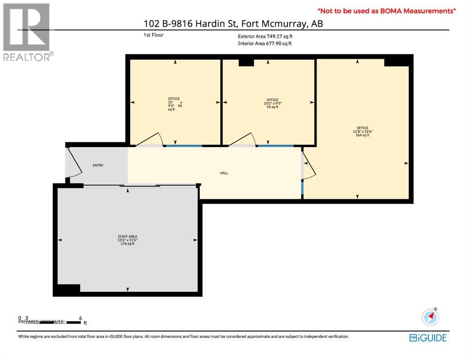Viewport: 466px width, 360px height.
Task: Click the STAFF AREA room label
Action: (127, 240)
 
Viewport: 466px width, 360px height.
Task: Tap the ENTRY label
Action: (98, 165)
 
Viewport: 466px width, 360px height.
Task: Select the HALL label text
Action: (224, 173)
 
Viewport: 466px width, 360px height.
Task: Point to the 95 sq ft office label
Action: (272, 103)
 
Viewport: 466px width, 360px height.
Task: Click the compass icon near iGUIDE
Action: (430, 317)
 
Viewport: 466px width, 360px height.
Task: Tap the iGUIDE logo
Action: (428, 337)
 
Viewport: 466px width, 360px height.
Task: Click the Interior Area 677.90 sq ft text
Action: (264, 44)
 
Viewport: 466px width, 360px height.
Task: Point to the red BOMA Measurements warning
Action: (387, 10)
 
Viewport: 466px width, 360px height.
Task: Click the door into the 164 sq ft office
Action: (309, 166)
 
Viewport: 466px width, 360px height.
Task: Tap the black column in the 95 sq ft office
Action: (246, 62)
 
